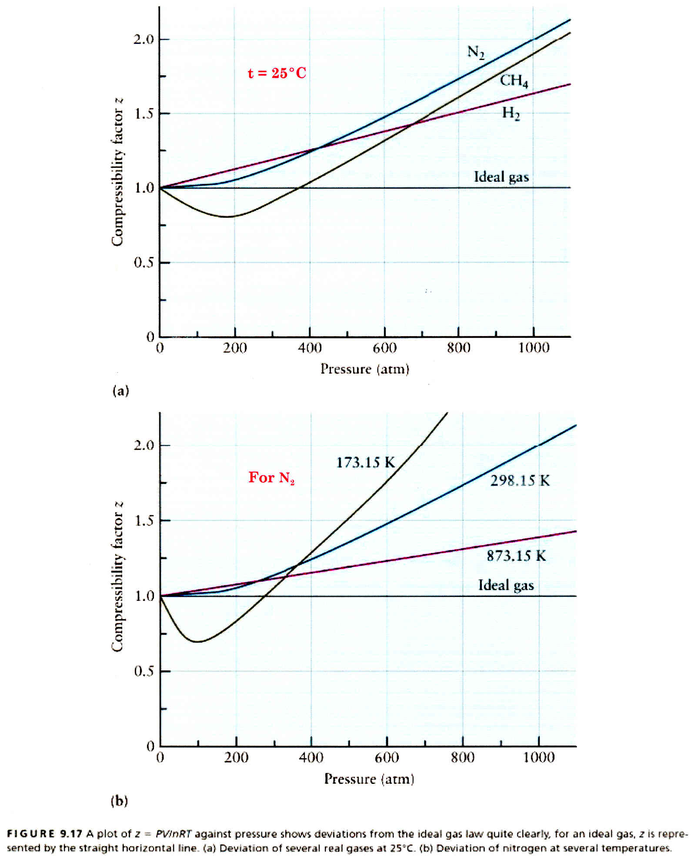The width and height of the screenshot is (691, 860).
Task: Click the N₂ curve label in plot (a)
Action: pyautogui.click(x=476, y=53)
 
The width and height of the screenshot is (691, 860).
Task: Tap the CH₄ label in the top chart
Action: pyautogui.click(x=514, y=80)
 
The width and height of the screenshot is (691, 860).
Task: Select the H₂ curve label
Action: pyautogui.click(x=511, y=113)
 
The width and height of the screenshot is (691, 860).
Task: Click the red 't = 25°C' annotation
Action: pyautogui.click(x=277, y=73)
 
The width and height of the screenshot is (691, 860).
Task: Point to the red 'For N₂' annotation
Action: pyautogui.click(x=271, y=477)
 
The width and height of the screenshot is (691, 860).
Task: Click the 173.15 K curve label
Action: pyautogui.click(x=365, y=462)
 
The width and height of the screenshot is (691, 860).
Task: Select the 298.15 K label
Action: pyautogui.click(x=520, y=480)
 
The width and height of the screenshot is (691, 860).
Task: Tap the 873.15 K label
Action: pyautogui.click(x=516, y=556)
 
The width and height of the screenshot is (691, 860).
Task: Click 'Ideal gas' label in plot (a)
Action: pyautogui.click(x=501, y=177)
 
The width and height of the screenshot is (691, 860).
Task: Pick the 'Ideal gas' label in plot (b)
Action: pyautogui.click(x=506, y=585)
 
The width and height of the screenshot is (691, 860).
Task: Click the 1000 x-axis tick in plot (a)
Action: pyautogui.click(x=534, y=348)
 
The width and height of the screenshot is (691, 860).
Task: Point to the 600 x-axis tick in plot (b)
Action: pyautogui.click(x=387, y=758)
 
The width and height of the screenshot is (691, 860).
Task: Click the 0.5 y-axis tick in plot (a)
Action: pyautogui.click(x=144, y=263)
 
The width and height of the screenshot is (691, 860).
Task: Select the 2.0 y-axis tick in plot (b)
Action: pyautogui.click(x=144, y=445)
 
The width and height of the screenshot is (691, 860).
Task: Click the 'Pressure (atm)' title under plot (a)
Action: pyautogui.click(x=365, y=369)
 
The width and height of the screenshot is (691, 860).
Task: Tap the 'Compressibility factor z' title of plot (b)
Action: pyautogui.click(x=117, y=577)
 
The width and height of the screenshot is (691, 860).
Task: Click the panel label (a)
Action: pyautogui.click(x=120, y=390)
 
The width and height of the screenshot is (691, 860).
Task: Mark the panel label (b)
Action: pyautogui.click(x=119, y=800)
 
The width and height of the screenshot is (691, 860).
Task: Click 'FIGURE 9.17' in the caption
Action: pyautogui.click(x=44, y=833)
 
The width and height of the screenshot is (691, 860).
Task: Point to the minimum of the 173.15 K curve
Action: pyautogui.click(x=198, y=641)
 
